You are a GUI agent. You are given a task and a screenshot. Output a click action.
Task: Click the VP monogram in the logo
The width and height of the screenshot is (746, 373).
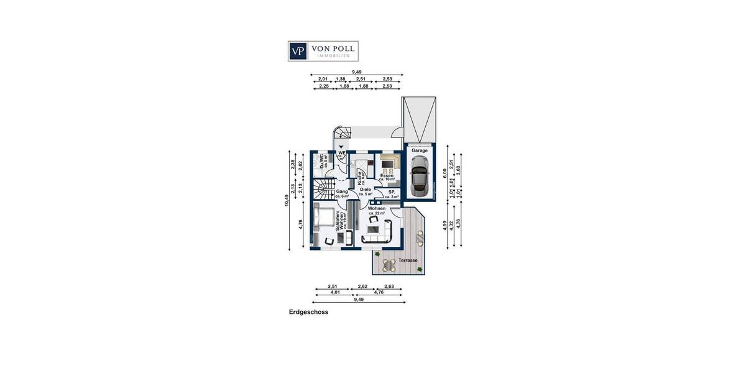299,50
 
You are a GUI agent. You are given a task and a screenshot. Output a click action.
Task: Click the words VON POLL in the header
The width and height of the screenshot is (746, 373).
333,48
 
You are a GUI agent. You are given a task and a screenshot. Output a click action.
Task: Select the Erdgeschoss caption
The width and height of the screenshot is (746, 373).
308,313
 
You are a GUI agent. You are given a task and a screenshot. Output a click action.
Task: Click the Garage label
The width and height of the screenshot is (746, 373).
419,150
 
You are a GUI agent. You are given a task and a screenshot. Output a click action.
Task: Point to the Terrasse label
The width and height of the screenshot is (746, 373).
408,260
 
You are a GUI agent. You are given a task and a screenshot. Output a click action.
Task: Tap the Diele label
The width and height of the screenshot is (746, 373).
365,189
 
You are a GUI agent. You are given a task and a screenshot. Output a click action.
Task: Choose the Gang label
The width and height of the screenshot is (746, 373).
342,192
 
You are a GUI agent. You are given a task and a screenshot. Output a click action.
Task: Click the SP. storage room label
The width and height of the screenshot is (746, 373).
392,193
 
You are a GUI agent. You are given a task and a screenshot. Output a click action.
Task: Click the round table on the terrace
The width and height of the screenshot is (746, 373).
389,265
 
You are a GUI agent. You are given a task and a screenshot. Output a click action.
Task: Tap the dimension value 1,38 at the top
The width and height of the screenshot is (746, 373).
341,80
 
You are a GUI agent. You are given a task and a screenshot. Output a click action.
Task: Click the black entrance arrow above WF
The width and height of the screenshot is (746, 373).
341,147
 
